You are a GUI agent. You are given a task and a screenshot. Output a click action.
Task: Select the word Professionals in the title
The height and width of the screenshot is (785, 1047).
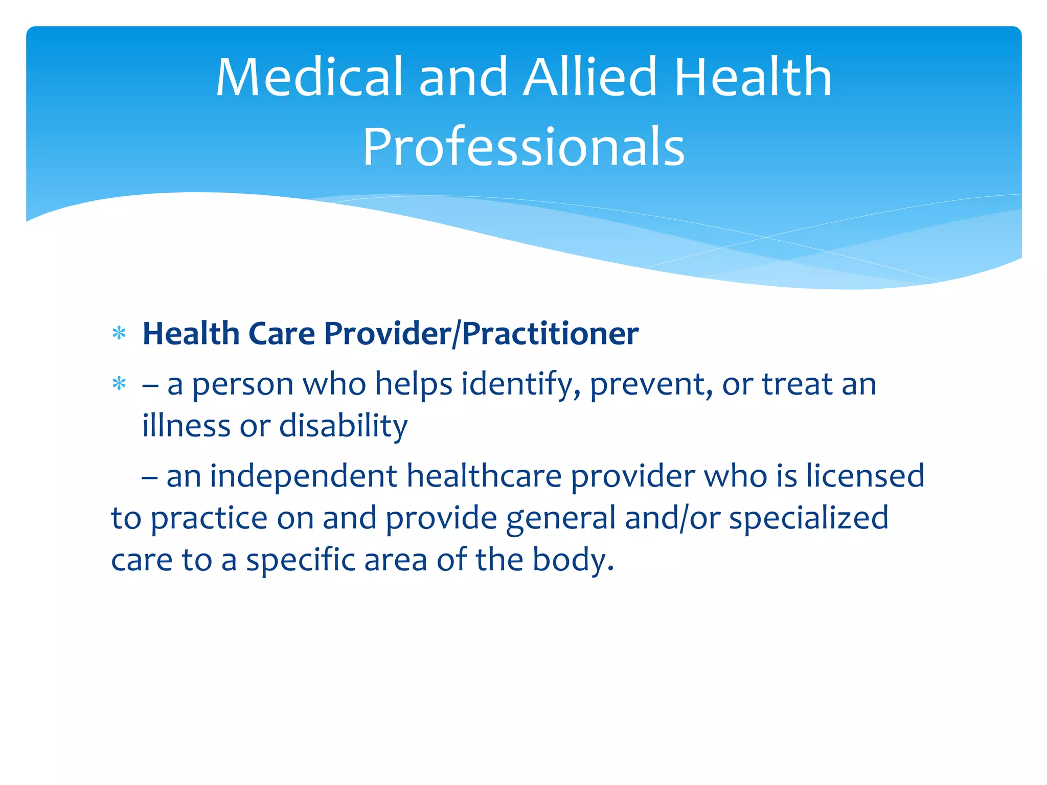[x=523, y=147]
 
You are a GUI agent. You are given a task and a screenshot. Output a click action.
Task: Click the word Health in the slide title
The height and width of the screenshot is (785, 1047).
[x=753, y=78]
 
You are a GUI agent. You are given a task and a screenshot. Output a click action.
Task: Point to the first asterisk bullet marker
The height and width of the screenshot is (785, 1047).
[x=119, y=334]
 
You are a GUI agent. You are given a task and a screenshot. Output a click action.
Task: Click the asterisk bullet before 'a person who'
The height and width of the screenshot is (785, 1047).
[x=119, y=384]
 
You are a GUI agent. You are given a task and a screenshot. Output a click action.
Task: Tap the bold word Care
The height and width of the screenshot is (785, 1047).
[x=281, y=334]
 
